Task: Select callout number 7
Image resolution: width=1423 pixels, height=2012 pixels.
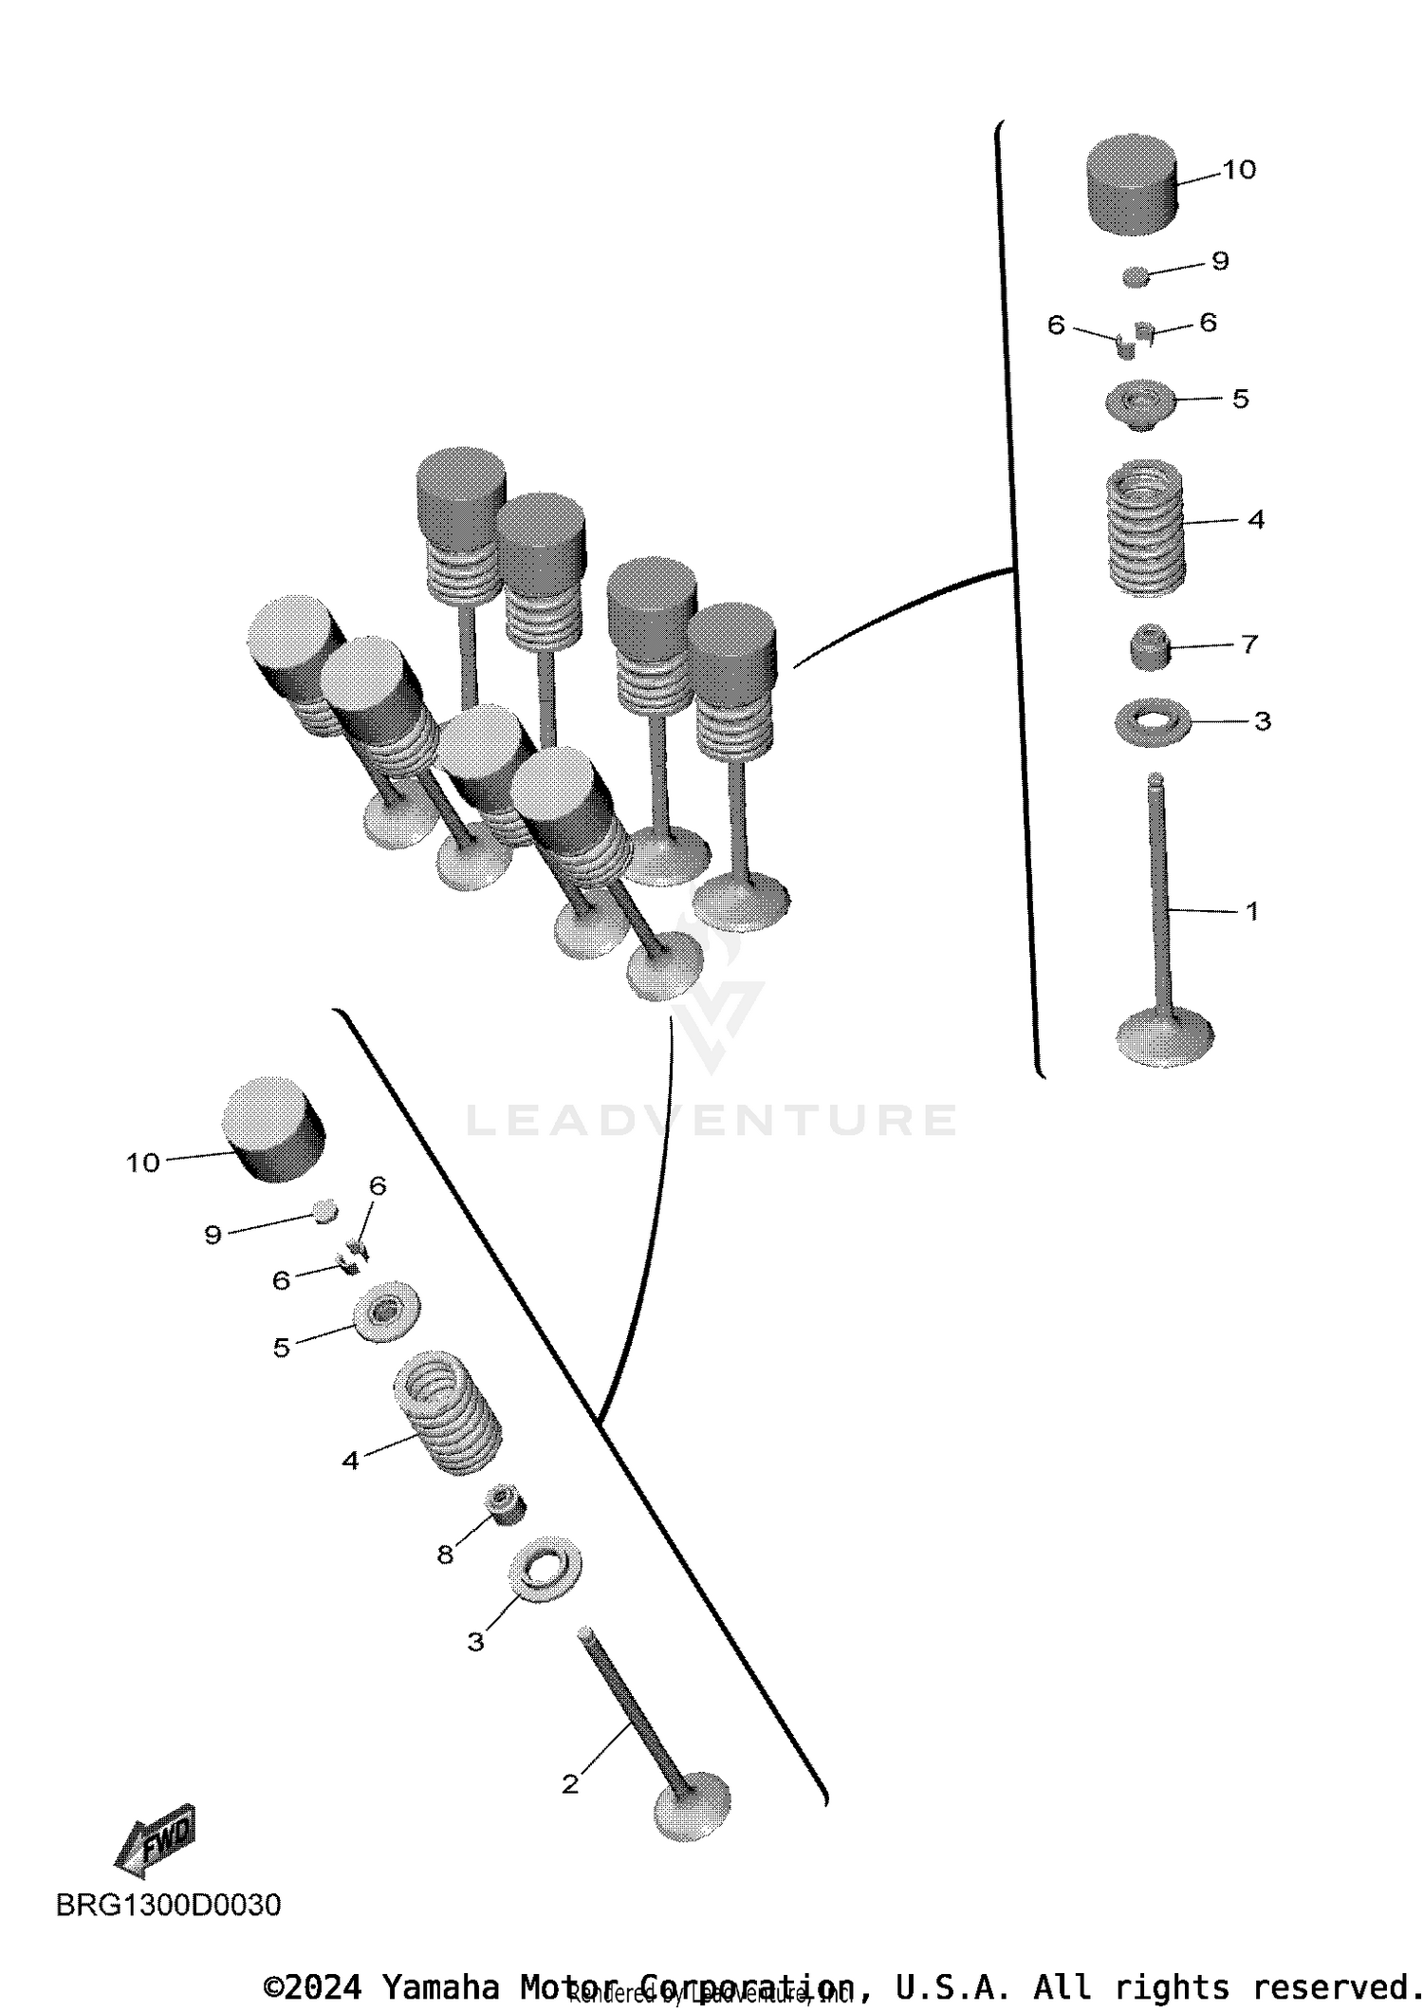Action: pyautogui.click(x=1249, y=644)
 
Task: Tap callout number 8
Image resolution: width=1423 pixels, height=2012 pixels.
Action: pyautogui.click(x=445, y=1555)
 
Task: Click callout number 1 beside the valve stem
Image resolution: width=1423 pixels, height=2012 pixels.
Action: pyautogui.click(x=1251, y=911)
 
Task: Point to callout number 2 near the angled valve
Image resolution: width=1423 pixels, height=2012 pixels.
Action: pyautogui.click(x=569, y=1784)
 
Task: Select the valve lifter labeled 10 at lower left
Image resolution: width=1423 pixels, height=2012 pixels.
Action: pyautogui.click(x=273, y=1129)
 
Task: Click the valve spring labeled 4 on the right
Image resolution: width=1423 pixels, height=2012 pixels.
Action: pyautogui.click(x=1147, y=528)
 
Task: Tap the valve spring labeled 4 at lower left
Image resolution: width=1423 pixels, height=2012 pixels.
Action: pyautogui.click(x=448, y=1411)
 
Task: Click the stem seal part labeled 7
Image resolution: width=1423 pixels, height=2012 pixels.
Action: pyautogui.click(x=1149, y=647)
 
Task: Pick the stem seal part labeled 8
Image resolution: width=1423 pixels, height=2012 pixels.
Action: pyautogui.click(x=505, y=1504)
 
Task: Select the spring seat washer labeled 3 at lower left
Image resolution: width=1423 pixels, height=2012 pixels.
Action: pyautogui.click(x=545, y=1570)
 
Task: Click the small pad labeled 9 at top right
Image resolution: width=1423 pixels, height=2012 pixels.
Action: pyautogui.click(x=1136, y=276)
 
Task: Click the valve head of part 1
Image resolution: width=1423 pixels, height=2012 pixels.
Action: pyautogui.click(x=1166, y=1036)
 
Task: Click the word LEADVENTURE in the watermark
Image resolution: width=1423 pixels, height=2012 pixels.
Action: pyautogui.click(x=711, y=1120)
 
